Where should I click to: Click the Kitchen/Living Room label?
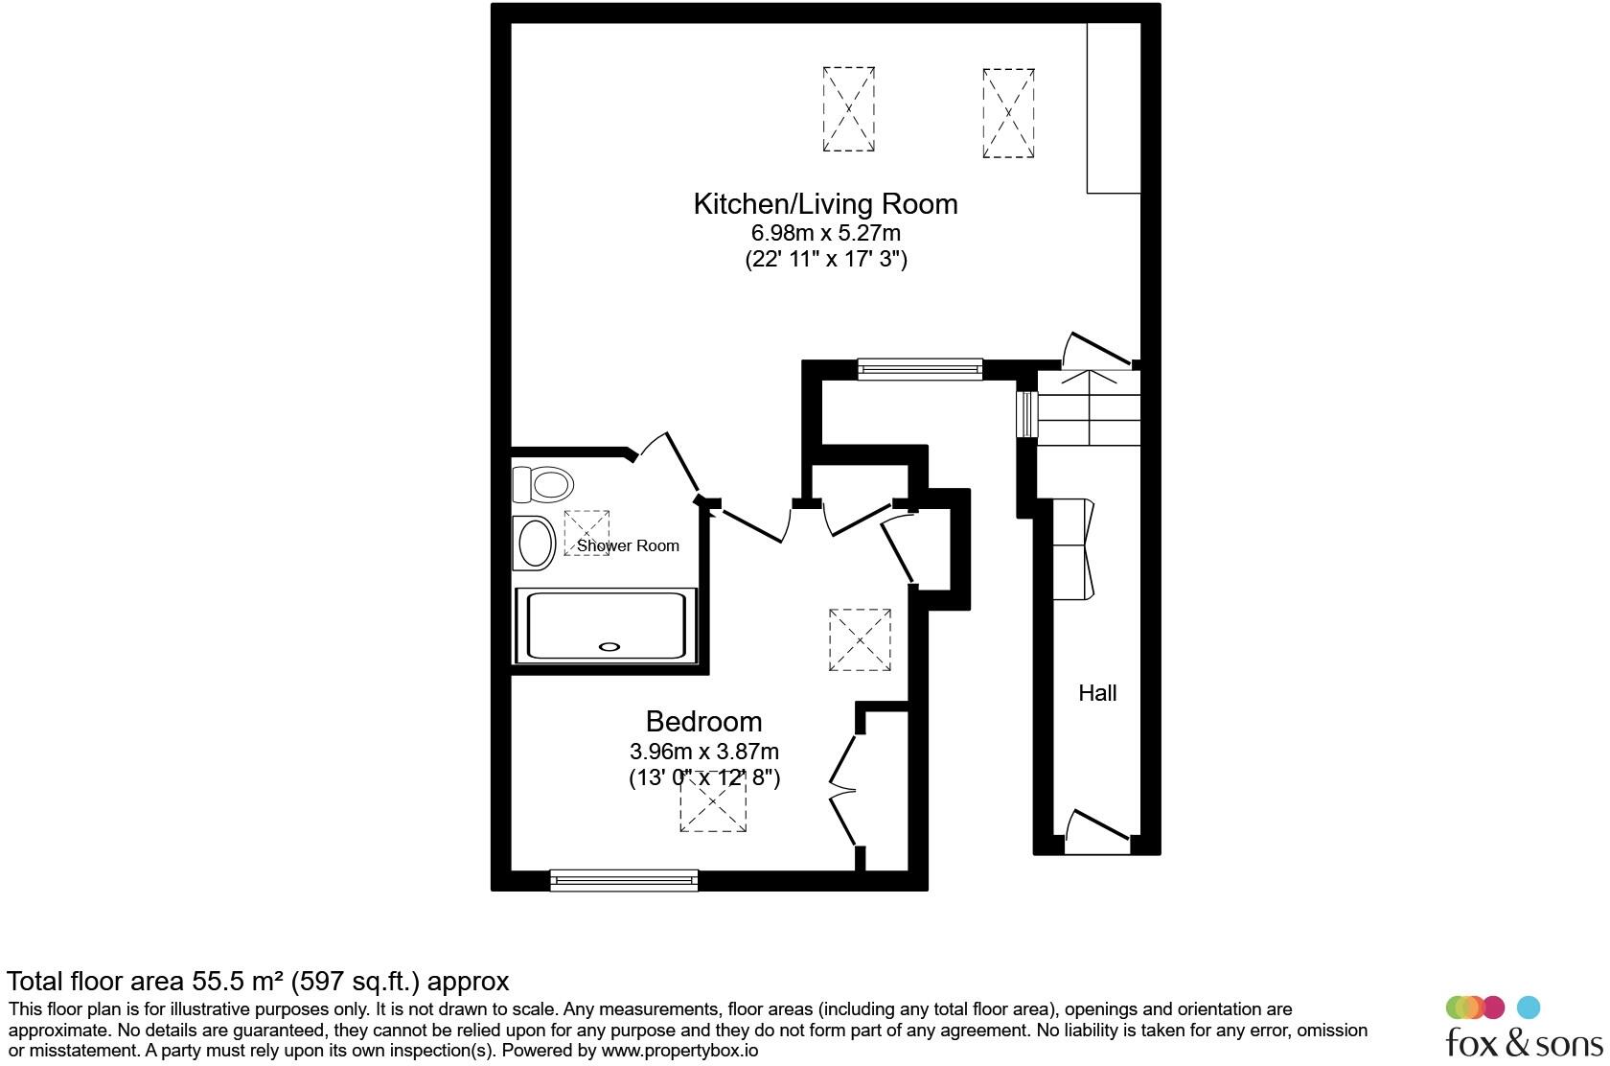coord(825,204)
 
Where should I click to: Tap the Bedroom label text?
coord(703,722)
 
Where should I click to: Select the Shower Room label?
coord(628,546)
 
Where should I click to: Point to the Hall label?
coord(1097,693)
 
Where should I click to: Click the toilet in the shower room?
coord(543,483)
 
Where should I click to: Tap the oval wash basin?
coord(536,544)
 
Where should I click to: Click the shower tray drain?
coord(609,647)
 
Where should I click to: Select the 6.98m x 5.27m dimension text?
coord(825,233)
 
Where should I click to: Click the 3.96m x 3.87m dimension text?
coord(703,751)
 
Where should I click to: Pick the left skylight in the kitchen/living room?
coord(848,108)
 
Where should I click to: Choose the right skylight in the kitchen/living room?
coord(1008,112)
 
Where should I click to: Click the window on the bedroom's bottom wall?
coord(624,880)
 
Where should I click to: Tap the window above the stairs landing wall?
coord(920,368)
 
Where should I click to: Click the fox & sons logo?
coord(1523,1031)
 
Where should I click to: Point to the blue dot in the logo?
coord(1529,1008)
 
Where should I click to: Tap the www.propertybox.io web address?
coord(679,1051)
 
